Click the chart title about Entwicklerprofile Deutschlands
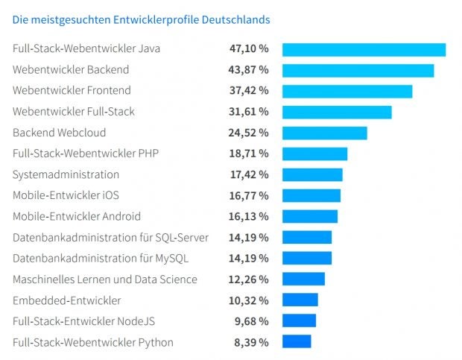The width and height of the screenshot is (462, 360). coord(141,19)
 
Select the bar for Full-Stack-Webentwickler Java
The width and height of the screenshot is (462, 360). coord(364,50)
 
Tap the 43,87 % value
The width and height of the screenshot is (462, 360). coord(248,70)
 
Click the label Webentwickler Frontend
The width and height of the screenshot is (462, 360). coord(72,91)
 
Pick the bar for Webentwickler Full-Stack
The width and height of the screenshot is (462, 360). coord(337,112)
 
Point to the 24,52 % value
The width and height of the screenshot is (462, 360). coord(248,133)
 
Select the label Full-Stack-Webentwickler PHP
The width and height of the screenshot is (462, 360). coord(86,154)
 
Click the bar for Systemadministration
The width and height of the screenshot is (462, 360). coord(312,174)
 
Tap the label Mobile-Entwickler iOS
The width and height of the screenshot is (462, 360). coord(66,195)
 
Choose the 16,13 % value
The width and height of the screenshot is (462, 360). coord(248,216)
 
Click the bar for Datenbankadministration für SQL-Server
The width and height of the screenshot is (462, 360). coord(307,237)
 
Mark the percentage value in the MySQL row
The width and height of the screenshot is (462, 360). coord(248,259)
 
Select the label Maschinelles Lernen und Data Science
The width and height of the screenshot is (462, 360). coord(105,280)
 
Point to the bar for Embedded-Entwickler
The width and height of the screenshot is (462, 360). coord(300,300)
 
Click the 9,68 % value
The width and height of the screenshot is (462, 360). coord(250,321)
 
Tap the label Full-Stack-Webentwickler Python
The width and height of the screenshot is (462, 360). coord(93,342)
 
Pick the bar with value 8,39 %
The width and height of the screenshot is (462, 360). coord(297,341)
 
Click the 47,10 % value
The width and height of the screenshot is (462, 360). coord(248,49)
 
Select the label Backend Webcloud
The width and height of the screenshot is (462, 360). coord(60,133)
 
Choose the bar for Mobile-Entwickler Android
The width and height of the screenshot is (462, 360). coord(310,216)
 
